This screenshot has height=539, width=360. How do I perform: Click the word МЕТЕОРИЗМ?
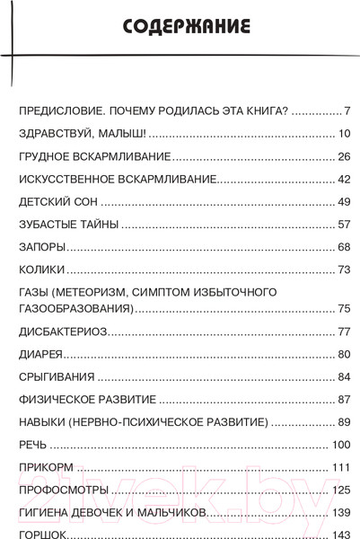coord(107,292)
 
